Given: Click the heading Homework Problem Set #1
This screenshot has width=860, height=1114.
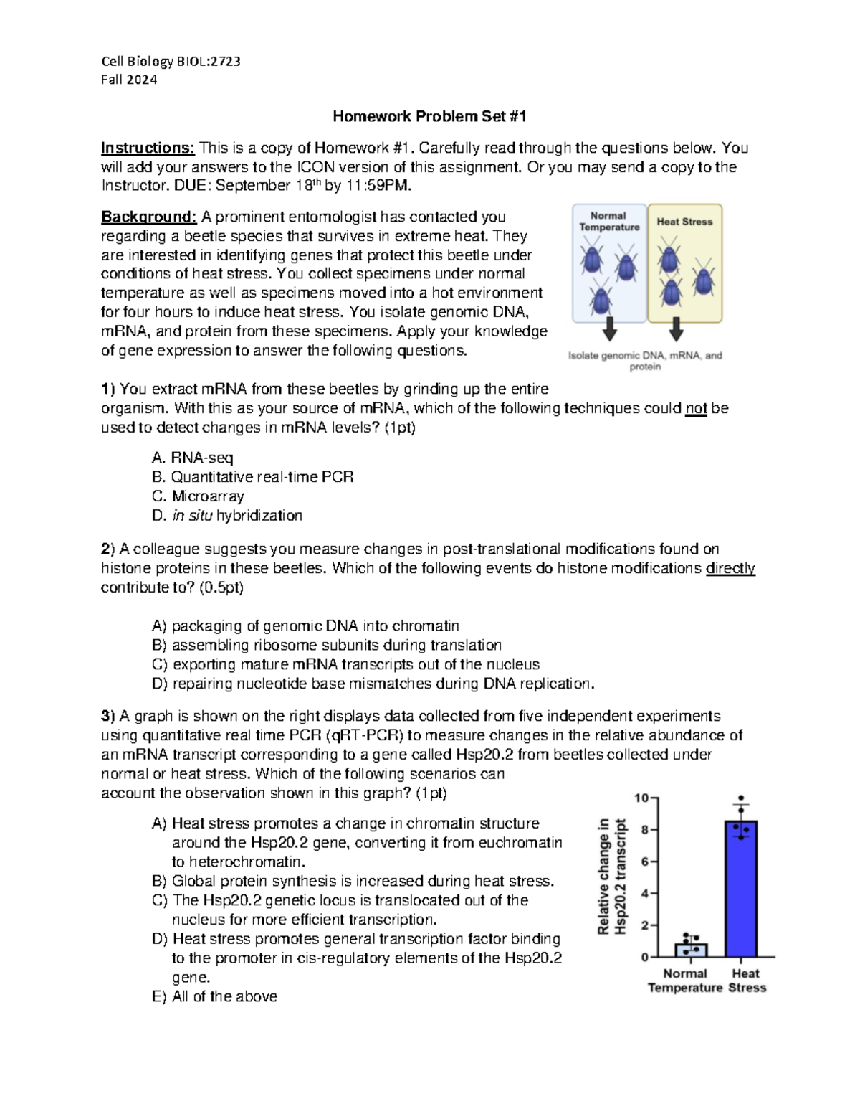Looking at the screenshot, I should coord(429,116).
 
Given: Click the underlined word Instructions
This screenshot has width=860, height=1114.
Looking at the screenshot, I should coord(147,148).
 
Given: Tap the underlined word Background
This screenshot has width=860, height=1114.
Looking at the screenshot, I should coord(148,217).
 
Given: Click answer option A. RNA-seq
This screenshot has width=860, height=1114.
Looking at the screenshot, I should coord(192,458).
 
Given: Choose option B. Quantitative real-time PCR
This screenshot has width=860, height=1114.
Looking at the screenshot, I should coord(252,477).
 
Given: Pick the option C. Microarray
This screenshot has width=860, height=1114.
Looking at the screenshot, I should coord(198,496).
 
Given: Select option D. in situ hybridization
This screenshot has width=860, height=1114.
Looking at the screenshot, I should coord(226,516).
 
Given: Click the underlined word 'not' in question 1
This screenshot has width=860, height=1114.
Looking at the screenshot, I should coord(696,408).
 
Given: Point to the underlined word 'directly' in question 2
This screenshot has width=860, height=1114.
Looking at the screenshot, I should coord(730,568).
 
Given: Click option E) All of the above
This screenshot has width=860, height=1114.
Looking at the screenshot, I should coord(214,996).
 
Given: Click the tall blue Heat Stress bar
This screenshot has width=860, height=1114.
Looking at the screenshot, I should coord(741,889).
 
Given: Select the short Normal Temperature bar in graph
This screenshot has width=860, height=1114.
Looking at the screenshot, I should coord(691,950).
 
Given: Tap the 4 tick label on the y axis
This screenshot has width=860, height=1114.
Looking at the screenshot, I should coord(645,894).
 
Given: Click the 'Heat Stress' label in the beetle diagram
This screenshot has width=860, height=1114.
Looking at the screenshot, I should coord(684,222).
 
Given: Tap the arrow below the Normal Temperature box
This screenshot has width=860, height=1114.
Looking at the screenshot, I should coord(609,329).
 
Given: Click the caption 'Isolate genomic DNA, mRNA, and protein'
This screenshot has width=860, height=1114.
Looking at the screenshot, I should coord(645,361).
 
